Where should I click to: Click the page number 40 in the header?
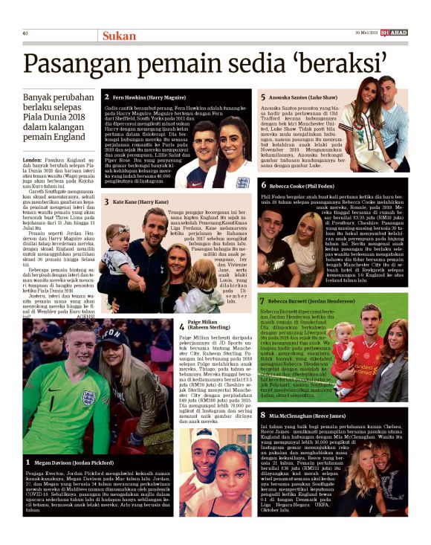click(x=26, y=33)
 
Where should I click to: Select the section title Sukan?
click(x=120, y=35)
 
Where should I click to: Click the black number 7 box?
click(x=262, y=300)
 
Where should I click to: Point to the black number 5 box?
click(x=262, y=97)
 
